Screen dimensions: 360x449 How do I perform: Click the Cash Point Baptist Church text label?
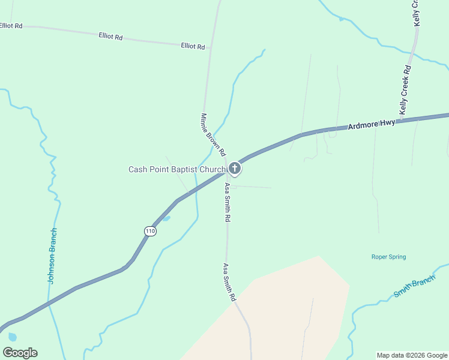(x=176, y=170)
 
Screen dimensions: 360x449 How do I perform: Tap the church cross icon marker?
(x=235, y=169)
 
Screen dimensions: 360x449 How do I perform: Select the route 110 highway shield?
(x=150, y=231)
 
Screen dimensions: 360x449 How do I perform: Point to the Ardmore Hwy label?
(x=372, y=124)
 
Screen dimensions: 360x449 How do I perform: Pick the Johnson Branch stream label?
(x=52, y=256)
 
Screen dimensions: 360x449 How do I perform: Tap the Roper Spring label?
(x=388, y=257)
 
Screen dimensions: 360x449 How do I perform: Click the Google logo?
(x=20, y=353)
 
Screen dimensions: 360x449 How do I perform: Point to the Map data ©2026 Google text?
(x=412, y=355)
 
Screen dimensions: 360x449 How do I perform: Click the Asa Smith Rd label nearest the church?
(x=228, y=203)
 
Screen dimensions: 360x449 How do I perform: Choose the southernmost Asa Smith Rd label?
(x=229, y=282)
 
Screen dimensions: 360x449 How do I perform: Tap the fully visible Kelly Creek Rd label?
(x=406, y=90)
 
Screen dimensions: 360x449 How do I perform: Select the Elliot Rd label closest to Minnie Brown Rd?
(x=193, y=46)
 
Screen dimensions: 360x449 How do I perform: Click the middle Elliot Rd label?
(x=110, y=37)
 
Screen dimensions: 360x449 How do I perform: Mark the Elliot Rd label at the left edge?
(x=11, y=26)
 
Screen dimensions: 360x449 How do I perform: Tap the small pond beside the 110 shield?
(x=166, y=218)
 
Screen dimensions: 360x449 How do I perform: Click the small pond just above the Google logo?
(x=13, y=337)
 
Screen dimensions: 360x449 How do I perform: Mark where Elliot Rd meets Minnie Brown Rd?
(x=209, y=47)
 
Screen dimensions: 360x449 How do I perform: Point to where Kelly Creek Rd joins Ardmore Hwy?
(x=401, y=119)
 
